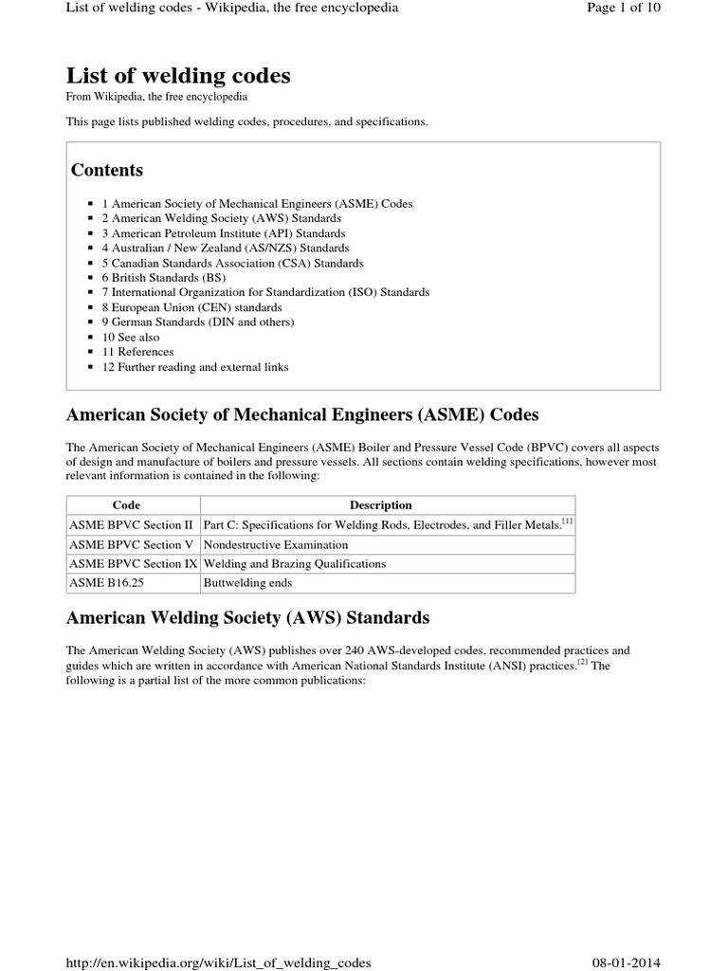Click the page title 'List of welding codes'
pos(178,76)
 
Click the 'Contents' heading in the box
pos(107,171)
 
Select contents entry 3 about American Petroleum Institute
pos(223,233)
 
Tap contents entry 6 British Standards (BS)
pos(163,278)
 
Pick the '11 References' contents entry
pos(138,352)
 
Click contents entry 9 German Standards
pos(198,322)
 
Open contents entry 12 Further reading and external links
pos(195,367)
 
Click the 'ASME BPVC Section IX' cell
pos(133,564)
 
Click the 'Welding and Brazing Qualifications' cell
pos(295,564)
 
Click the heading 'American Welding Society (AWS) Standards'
pos(247,618)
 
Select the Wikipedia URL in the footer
pos(218,962)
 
